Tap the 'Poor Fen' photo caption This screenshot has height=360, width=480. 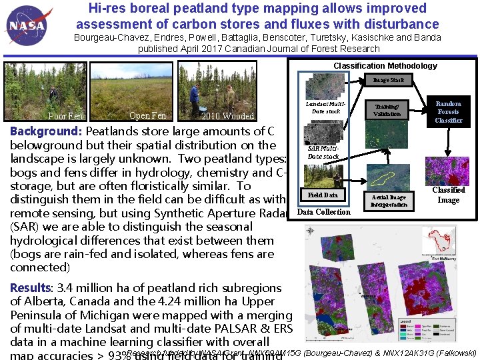coord(65,117)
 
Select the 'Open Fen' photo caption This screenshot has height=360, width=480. coord(147,115)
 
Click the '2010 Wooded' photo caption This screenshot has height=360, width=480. coord(228,117)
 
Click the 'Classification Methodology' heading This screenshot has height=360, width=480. coord(385,65)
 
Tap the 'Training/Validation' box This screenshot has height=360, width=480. coord(387,110)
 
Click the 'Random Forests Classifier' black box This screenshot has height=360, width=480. coord(448,112)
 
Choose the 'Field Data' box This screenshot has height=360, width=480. coord(323,195)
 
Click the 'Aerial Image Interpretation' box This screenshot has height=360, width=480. coord(389,201)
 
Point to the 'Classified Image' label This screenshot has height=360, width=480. coord(448,195)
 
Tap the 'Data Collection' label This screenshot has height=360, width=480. coord(323,212)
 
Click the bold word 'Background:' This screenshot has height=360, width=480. coord(45,131)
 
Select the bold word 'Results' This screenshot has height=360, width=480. coord(30,288)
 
